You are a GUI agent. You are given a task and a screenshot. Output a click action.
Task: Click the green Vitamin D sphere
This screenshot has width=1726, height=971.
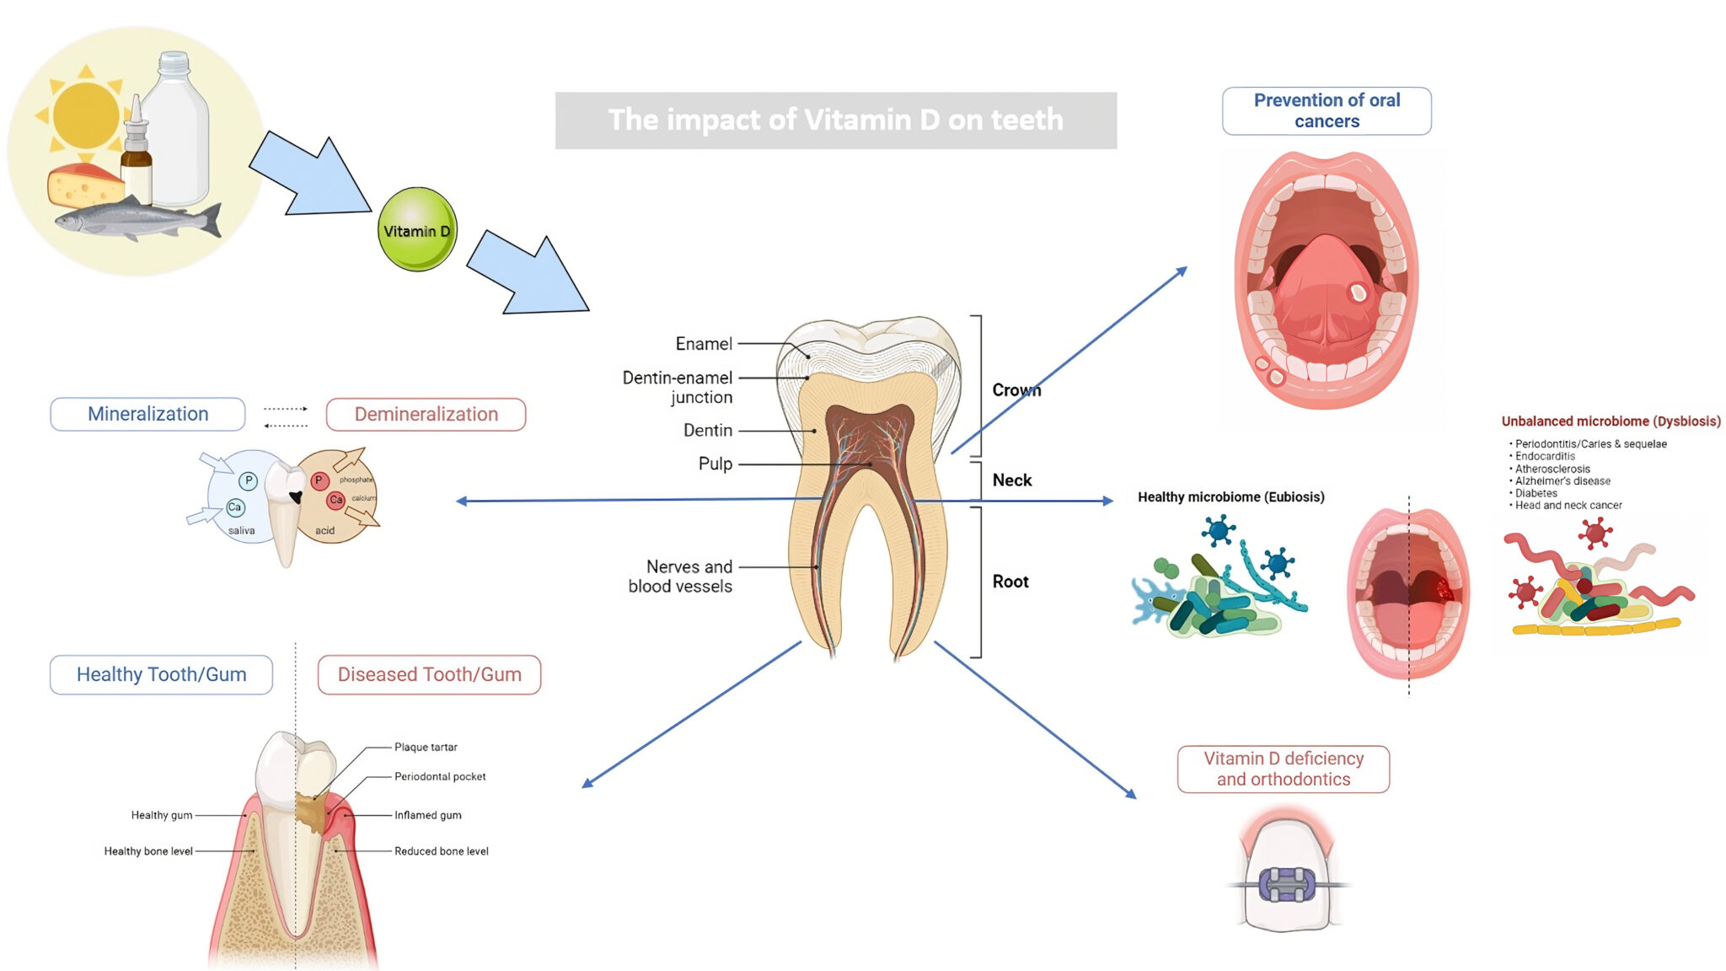pyautogui.click(x=417, y=229)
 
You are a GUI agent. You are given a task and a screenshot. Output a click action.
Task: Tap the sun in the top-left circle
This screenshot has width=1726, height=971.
pyautogui.click(x=86, y=115)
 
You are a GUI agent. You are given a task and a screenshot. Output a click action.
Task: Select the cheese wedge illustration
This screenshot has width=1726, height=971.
pyautogui.click(x=84, y=185)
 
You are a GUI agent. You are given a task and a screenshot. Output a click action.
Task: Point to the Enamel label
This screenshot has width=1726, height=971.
pyautogui.click(x=704, y=344)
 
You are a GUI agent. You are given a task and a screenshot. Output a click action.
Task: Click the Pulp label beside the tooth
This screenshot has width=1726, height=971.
pyautogui.click(x=715, y=464)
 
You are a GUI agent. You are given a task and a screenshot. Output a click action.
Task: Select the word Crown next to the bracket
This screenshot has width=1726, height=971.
pyautogui.click(x=1016, y=390)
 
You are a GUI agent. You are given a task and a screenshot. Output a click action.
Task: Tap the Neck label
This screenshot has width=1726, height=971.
pyautogui.click(x=1011, y=480)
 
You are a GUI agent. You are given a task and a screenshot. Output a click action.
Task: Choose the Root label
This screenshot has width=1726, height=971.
pyautogui.click(x=1010, y=582)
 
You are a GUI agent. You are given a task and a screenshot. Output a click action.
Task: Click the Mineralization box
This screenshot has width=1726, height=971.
pyautogui.click(x=147, y=414)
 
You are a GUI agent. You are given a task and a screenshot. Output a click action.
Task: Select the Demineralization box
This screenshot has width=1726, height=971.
pyautogui.click(x=426, y=414)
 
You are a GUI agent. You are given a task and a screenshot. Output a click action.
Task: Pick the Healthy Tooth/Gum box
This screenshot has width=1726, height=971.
pyautogui.click(x=161, y=674)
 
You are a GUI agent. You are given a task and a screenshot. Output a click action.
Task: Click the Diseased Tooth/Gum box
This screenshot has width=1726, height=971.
pyautogui.click(x=429, y=674)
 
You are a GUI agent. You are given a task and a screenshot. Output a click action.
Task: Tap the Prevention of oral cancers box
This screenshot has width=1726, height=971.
pyautogui.click(x=1327, y=110)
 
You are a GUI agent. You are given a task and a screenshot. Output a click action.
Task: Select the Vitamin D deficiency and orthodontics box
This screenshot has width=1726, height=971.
pyautogui.click(x=1283, y=769)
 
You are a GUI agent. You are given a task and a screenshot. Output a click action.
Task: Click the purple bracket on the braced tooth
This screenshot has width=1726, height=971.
pyautogui.click(x=1286, y=885)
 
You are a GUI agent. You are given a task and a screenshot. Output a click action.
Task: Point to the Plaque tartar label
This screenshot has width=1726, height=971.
pyautogui.click(x=426, y=747)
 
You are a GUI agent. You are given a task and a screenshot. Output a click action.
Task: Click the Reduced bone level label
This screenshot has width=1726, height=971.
pyautogui.click(x=441, y=851)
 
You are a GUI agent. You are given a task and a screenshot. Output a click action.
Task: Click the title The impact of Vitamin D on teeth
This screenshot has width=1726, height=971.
pyautogui.click(x=835, y=121)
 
